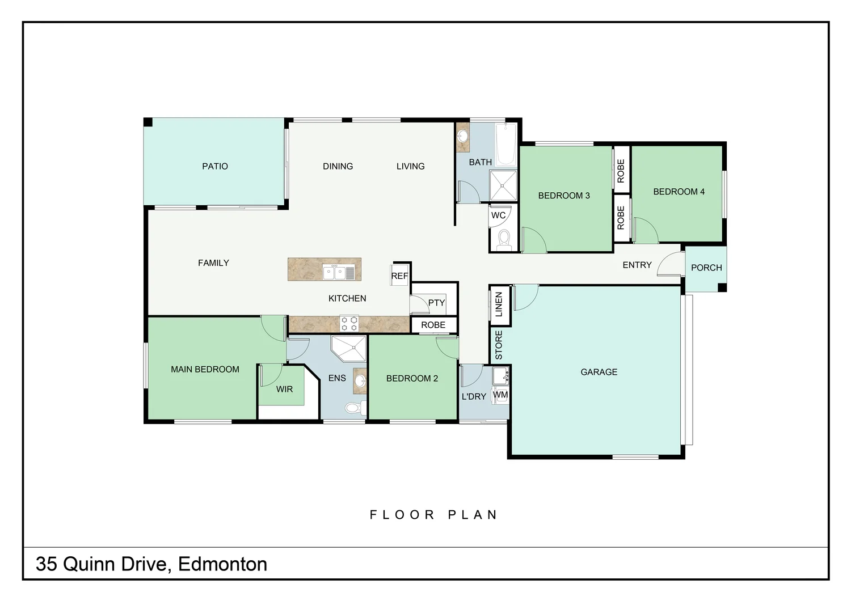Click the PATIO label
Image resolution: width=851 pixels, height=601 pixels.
coord(215,166)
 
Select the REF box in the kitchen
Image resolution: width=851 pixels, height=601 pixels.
coord(399,276)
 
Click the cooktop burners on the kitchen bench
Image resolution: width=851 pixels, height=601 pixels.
coord(349,324)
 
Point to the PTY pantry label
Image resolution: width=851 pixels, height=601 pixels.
coord(436,303)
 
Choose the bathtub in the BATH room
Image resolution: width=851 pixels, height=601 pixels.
coord(505,144)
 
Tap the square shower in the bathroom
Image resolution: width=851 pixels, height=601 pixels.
coord(503,185)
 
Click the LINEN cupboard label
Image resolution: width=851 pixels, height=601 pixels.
coord(499,304)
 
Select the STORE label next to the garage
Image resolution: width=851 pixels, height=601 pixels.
coord(499,345)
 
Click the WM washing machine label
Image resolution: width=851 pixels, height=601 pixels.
coord(500,395)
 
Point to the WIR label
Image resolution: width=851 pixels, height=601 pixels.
coord(284,390)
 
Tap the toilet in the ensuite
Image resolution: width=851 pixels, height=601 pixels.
coord(353,407)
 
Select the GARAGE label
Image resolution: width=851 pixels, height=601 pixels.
coord(599,372)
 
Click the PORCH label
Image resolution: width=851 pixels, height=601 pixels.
coord(706,268)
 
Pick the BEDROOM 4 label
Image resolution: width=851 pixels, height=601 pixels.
coord(679,192)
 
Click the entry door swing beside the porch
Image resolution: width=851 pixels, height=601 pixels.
coord(669,265)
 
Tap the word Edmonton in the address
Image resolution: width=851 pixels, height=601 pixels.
coord(222,564)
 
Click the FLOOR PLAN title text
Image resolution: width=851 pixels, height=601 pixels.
coord(433,515)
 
